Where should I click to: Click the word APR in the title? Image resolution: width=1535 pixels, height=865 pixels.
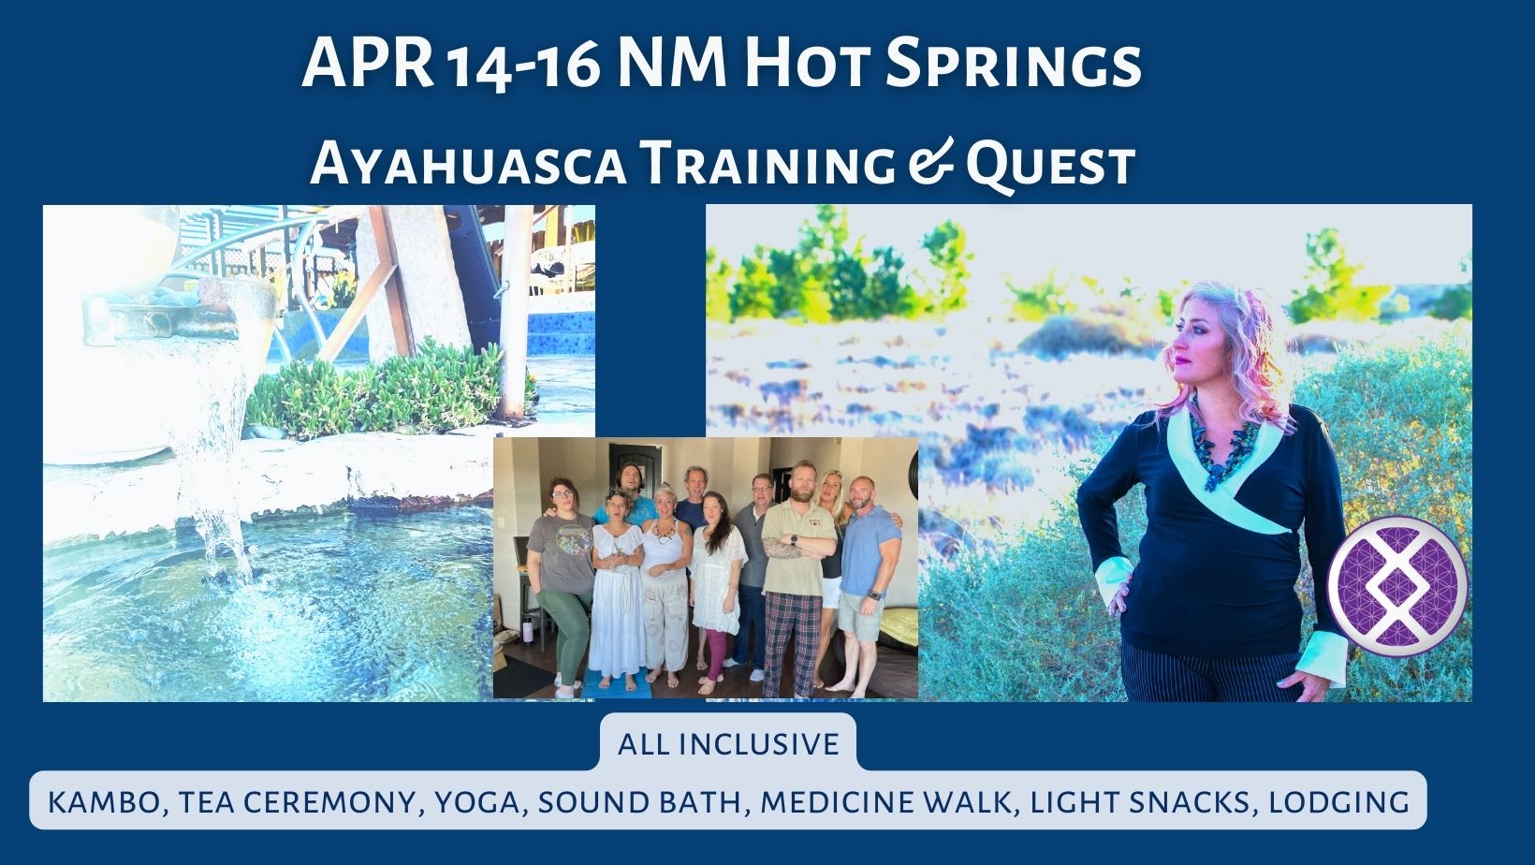pos(369,63)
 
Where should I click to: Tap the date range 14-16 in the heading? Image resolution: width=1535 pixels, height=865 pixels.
pos(524,67)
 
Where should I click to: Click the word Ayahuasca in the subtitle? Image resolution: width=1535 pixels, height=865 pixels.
pos(468,164)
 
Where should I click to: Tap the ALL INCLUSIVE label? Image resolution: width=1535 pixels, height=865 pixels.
pos(728,743)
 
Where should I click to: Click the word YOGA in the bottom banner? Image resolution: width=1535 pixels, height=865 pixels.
pos(476,802)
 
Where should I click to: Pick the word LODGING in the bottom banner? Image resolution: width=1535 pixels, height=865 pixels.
pos(1339,802)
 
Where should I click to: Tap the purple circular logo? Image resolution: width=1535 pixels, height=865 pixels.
pos(1397,587)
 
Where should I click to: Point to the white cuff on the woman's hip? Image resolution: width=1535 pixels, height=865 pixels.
pos(1114,579)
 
